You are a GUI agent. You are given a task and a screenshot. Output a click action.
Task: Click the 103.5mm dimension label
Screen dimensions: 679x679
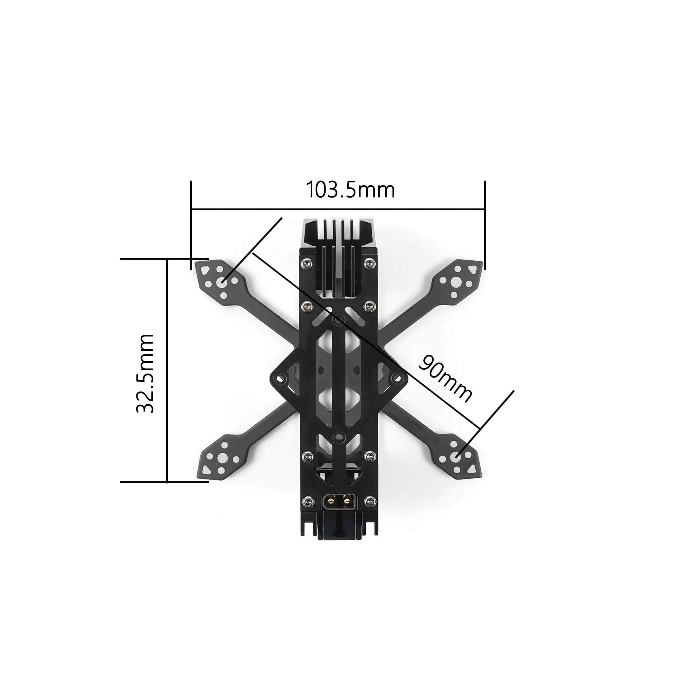pos(351,190)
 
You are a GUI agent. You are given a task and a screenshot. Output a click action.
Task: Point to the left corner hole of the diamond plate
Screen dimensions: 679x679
pos(280,379)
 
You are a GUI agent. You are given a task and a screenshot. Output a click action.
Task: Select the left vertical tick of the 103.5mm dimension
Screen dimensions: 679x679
pos(191,225)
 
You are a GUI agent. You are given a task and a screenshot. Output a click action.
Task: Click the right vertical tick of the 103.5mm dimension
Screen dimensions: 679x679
pos(485,225)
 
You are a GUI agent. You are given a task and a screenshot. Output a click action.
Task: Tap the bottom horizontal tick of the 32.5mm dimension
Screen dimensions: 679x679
pos(164,482)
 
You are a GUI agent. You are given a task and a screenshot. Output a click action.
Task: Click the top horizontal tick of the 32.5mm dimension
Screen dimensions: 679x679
pos(164,259)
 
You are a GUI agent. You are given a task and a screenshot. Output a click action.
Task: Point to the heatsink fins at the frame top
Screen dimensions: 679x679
pos(339,232)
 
